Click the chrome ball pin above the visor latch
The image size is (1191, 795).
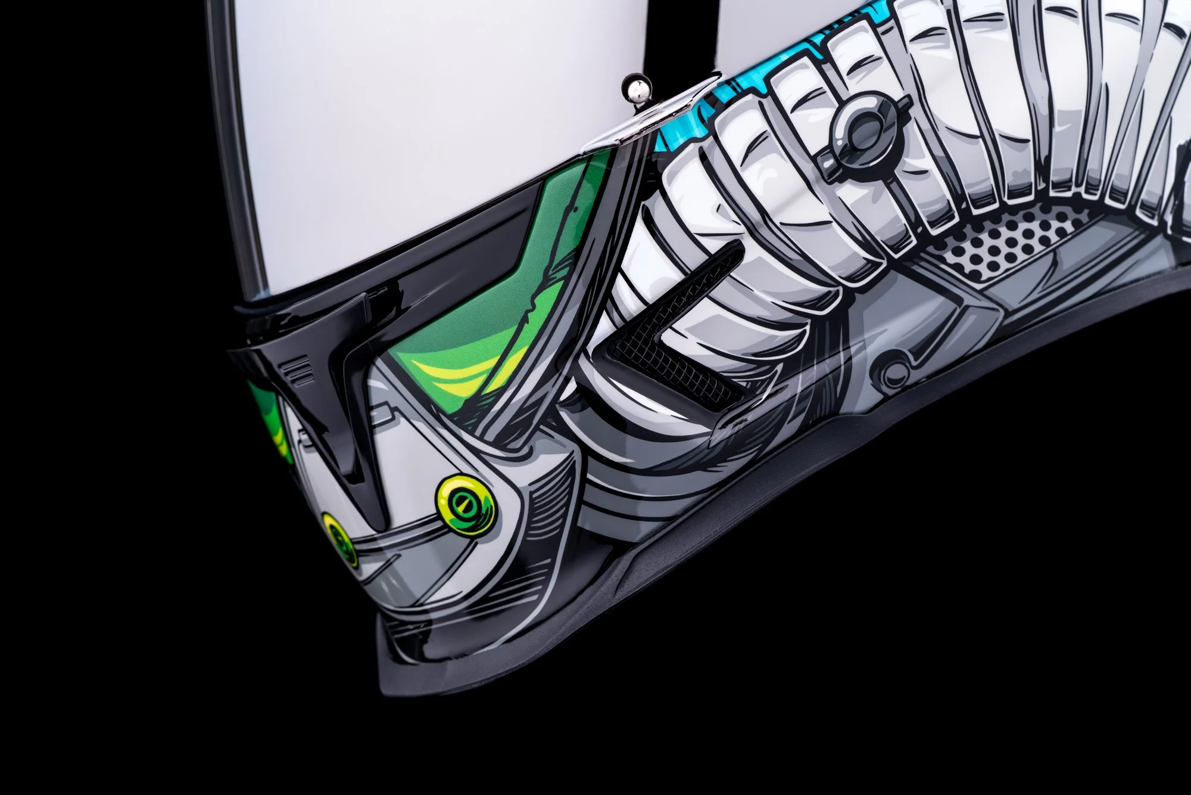click(636, 89)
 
